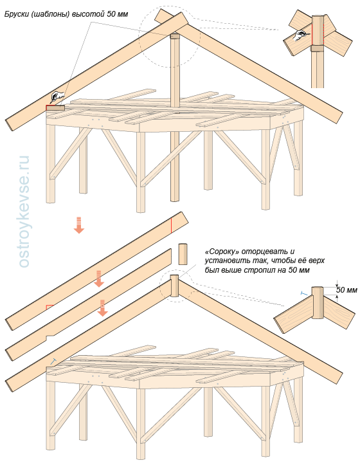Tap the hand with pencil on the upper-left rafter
tap(58, 96)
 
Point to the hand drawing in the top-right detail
tap(300, 36)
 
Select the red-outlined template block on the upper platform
tap(55, 107)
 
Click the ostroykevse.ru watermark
tap(24, 211)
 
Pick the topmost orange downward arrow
tap(79, 225)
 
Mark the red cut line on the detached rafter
tap(171, 225)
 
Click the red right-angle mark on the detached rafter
tap(50, 307)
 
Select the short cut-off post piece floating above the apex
tap(183, 254)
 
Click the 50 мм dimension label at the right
tap(346, 290)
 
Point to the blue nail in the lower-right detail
tap(304, 294)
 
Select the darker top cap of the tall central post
tap(175, 37)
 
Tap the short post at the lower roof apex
tap(174, 286)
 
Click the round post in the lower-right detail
tap(318, 302)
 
